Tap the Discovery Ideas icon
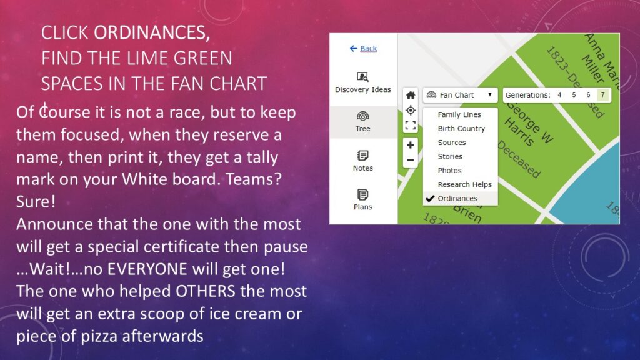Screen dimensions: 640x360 pos(363,77)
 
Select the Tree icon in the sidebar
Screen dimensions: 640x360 pos(363,116)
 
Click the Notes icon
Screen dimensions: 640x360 pos(363,156)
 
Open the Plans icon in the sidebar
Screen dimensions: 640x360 pos(363,195)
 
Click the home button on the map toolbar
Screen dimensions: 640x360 pos(411,95)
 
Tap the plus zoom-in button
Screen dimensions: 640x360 pos(411,145)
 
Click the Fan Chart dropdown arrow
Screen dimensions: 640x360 pos(490,95)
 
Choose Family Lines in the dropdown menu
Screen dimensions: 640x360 pos(459,115)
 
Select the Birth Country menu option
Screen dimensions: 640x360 pos(461,129)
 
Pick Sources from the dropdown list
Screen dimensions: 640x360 pos(452,142)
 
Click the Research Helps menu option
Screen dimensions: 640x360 pos(464,184)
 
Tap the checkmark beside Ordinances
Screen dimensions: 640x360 pos(430,198)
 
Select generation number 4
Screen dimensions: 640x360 pos(559,95)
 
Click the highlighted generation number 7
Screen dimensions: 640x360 pos(603,95)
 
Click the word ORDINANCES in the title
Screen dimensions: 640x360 pos(152,33)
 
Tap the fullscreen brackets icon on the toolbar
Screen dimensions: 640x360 pos(411,125)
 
